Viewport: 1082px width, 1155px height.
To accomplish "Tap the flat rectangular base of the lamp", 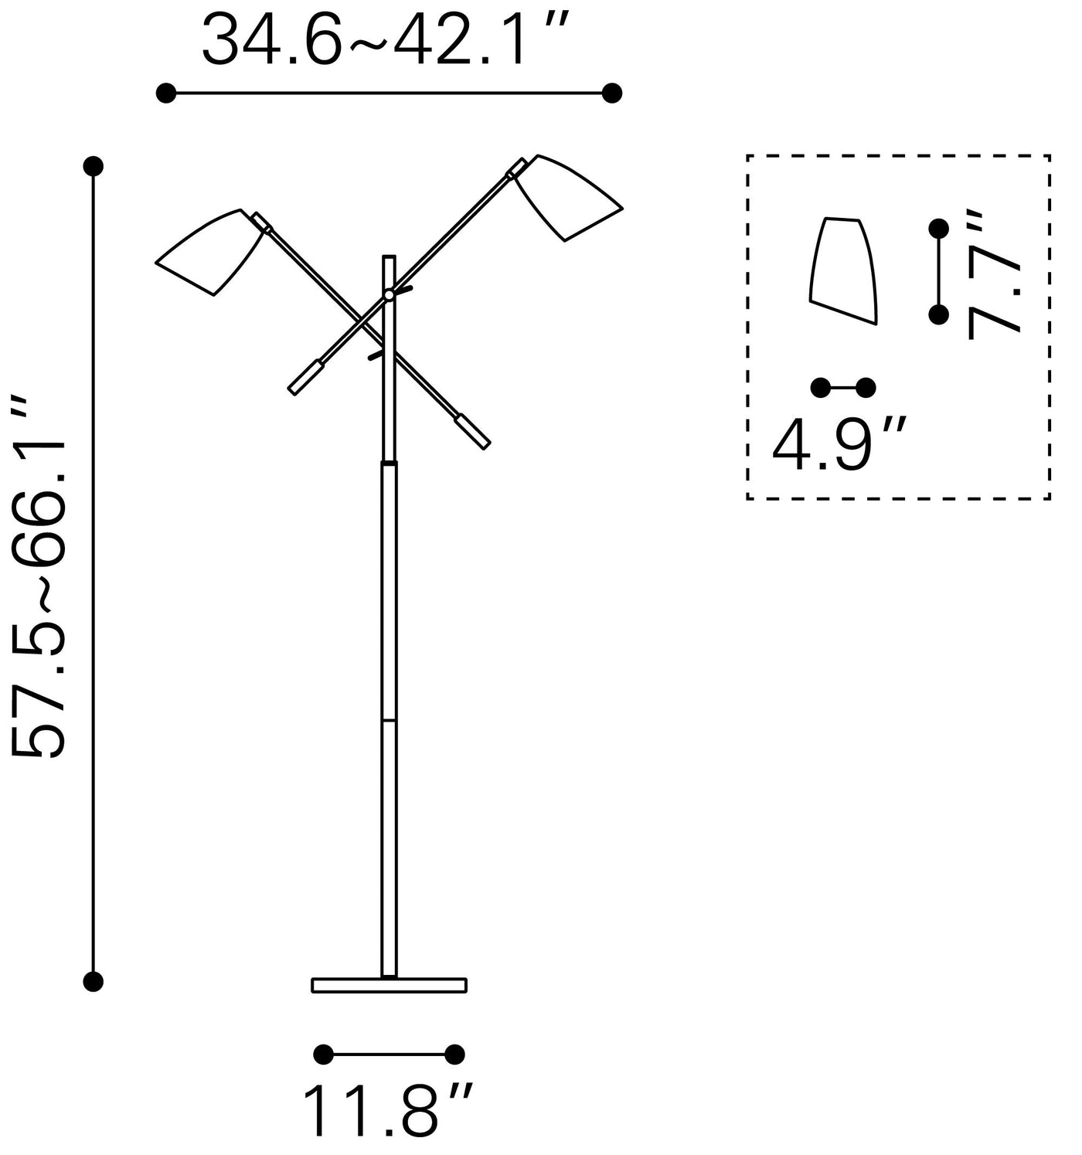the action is point(389,985).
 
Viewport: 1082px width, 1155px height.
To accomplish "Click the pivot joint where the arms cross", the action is point(389,295).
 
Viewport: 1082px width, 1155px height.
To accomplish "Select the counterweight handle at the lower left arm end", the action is point(305,378).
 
